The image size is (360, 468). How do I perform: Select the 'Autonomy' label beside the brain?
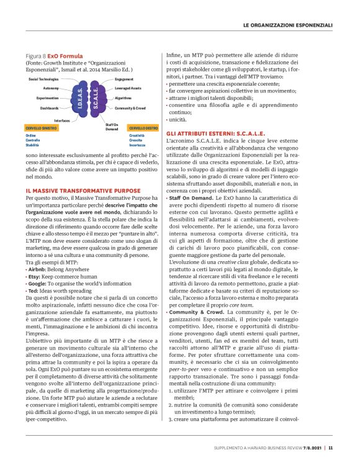(51, 89)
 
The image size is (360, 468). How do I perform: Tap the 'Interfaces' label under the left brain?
(62, 120)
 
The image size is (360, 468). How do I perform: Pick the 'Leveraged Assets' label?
(128, 89)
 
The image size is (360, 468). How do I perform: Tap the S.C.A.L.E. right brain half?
(95, 99)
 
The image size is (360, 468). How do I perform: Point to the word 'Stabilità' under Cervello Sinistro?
(33, 145)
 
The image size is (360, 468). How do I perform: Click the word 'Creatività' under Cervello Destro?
(137, 135)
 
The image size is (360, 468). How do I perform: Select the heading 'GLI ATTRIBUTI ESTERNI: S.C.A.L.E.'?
(215, 133)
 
